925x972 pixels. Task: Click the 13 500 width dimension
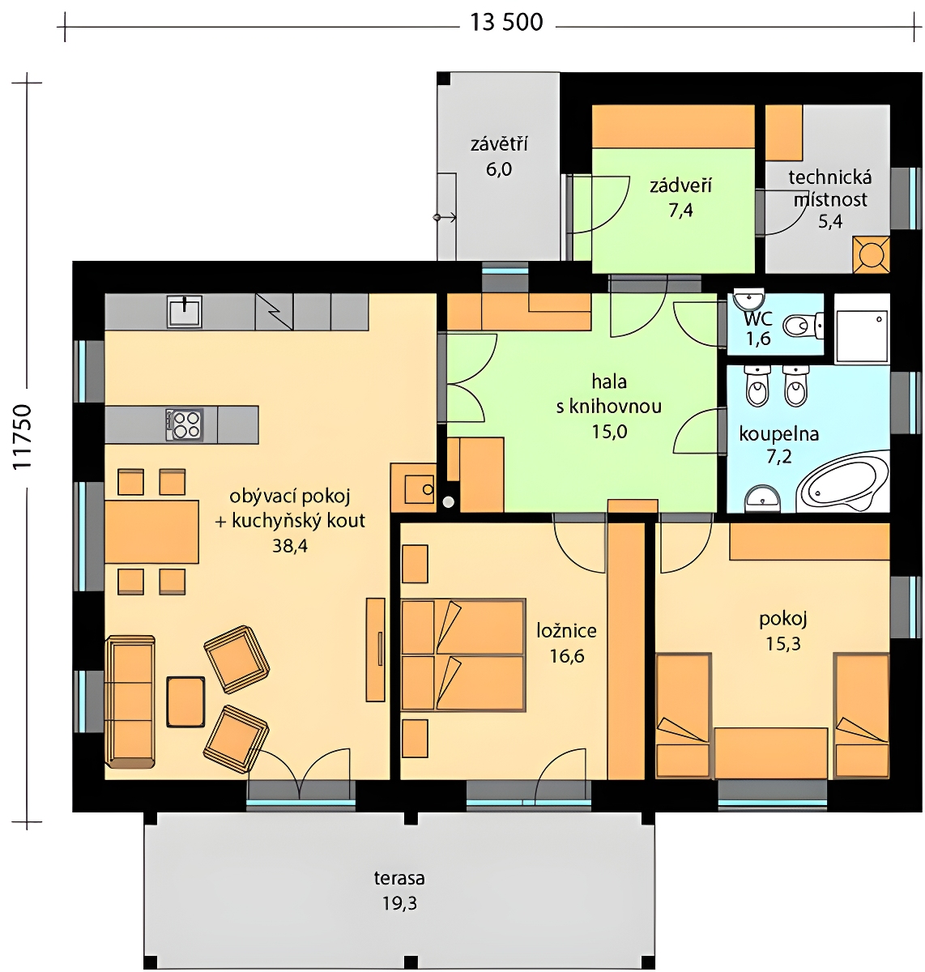tap(505, 23)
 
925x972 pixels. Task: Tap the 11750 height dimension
tap(22, 438)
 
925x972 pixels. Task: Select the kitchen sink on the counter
tap(185, 312)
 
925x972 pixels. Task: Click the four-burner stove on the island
tap(185, 424)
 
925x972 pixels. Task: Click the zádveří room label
tap(680, 186)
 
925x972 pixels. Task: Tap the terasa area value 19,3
tap(399, 904)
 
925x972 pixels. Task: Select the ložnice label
tap(566, 631)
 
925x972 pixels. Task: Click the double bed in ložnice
tap(462, 655)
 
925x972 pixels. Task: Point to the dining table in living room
tap(151, 531)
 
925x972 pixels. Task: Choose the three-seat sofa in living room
tap(130, 702)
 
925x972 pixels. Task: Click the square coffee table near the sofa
tap(185, 702)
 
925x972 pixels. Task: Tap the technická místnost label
tap(830, 189)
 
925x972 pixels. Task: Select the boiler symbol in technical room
tap(871, 254)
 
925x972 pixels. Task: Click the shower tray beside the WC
tap(862, 329)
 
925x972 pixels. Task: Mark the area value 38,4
tap(290, 546)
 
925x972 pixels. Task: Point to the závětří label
tap(499, 145)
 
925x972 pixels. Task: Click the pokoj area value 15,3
tap(783, 644)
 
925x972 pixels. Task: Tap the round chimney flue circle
tap(449, 502)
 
